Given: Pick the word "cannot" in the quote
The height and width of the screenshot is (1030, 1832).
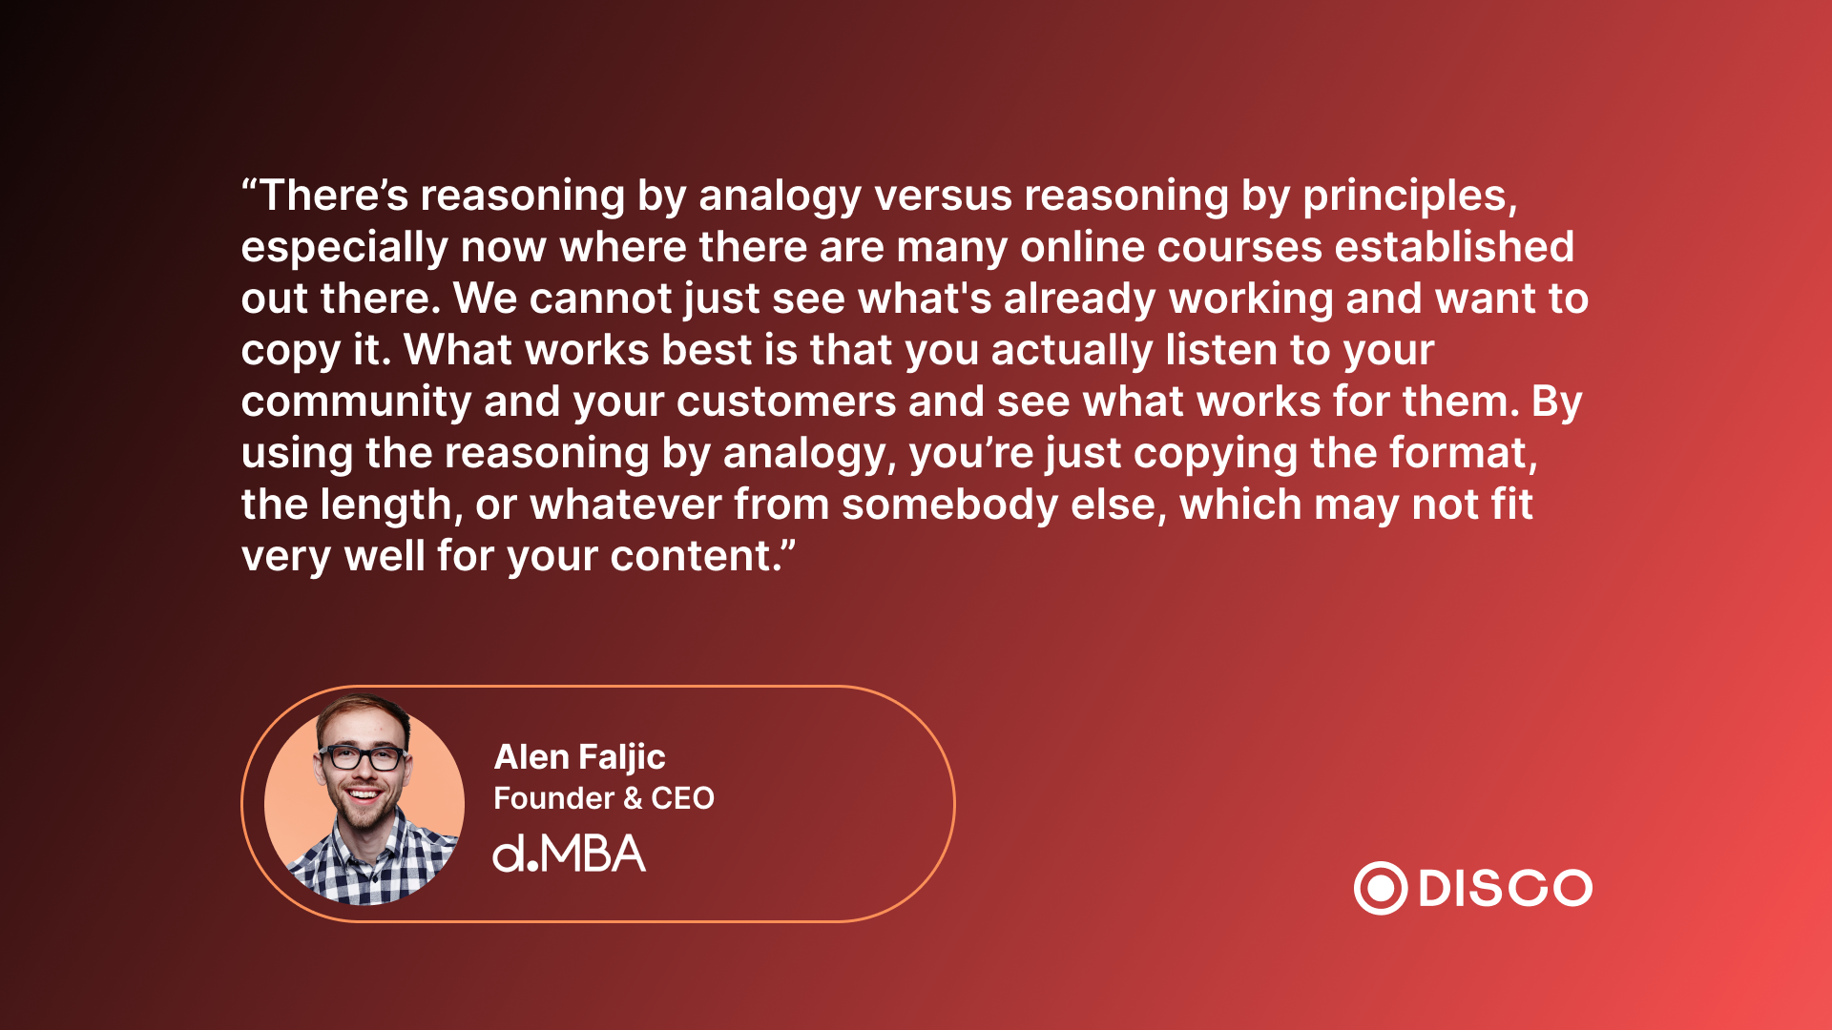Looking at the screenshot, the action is [x=601, y=299].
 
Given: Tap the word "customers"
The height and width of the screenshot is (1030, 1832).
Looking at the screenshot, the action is [x=786, y=402].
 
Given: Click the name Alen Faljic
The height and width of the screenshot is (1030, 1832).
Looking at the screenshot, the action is [x=579, y=758].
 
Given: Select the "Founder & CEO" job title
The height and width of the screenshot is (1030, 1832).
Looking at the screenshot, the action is [x=604, y=798].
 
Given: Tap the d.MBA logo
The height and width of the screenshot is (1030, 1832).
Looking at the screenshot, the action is [x=569, y=854].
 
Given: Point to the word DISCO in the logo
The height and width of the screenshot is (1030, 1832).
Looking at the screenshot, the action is [x=1506, y=889].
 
